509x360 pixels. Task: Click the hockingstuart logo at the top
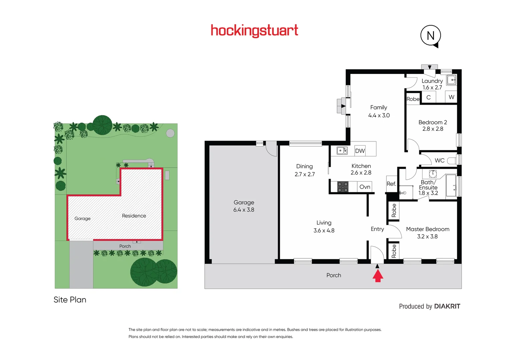click(x=254, y=31)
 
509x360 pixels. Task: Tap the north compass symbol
click(x=431, y=36)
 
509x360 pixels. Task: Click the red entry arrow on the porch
click(x=377, y=276)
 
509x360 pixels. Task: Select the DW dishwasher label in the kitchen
click(x=360, y=151)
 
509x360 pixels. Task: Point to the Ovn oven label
click(x=365, y=187)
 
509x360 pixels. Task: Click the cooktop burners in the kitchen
click(x=343, y=187)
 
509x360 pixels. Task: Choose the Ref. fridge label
click(x=391, y=184)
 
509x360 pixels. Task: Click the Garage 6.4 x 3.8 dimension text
click(x=244, y=210)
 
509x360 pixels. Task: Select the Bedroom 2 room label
click(x=433, y=122)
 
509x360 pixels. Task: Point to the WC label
click(x=439, y=160)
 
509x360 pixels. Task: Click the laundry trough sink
click(x=451, y=80)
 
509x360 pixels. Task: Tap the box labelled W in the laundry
click(x=451, y=97)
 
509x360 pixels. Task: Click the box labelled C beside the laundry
click(x=428, y=97)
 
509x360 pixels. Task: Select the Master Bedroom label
click(x=428, y=229)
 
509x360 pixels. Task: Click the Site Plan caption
click(x=70, y=300)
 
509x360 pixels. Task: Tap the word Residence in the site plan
click(x=134, y=216)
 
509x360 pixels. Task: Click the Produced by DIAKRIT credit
click(x=429, y=306)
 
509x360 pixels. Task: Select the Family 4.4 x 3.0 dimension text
click(x=379, y=115)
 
